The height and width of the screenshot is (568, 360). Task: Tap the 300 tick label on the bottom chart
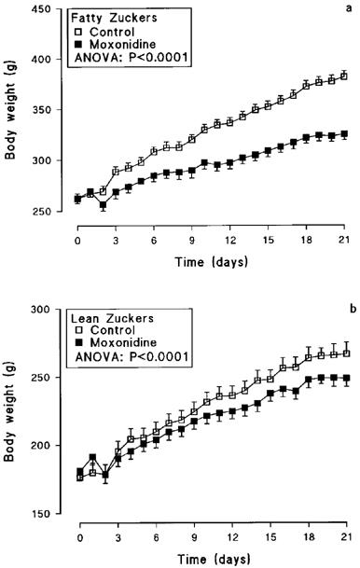point(43,310)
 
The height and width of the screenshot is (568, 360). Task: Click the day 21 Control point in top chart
point(344,76)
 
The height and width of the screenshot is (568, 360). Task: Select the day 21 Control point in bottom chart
point(344,353)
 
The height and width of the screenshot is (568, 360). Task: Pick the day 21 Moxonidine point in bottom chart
point(344,379)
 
